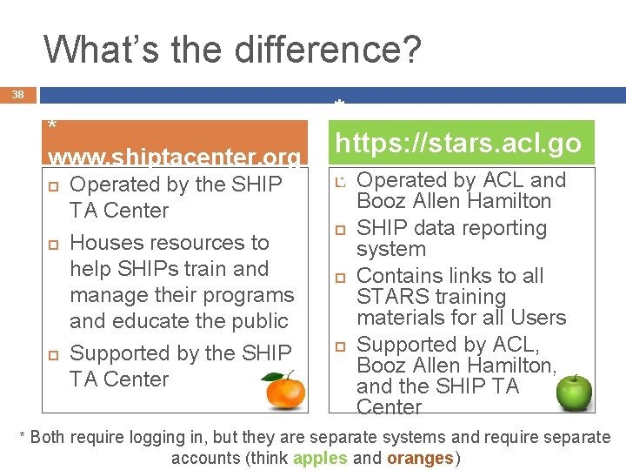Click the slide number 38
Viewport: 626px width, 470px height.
tap(19, 94)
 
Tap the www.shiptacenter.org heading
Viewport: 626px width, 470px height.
tap(175, 158)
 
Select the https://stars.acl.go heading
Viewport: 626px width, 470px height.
tap(459, 143)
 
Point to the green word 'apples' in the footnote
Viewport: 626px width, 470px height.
tap(321, 458)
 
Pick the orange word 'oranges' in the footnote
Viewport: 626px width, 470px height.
tap(420, 458)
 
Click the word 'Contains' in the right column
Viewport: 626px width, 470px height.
tap(396, 276)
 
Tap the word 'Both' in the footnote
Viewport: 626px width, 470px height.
tap(48, 437)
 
